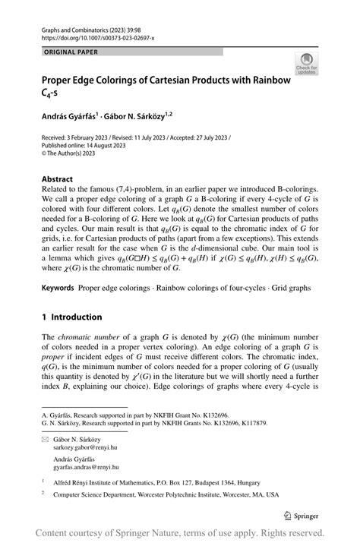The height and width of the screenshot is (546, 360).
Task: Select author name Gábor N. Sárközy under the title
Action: [130, 115]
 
